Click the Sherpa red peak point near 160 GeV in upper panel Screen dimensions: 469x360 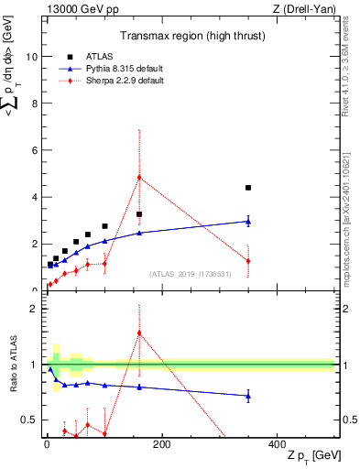tap(139, 177)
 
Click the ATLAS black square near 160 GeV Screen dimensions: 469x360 tap(139, 214)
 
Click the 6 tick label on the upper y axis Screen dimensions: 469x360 tap(34, 150)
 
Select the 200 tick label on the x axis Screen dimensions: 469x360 tap(161, 444)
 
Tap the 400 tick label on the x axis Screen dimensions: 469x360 tap(277, 444)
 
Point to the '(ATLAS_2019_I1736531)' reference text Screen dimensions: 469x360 tap(191, 274)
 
